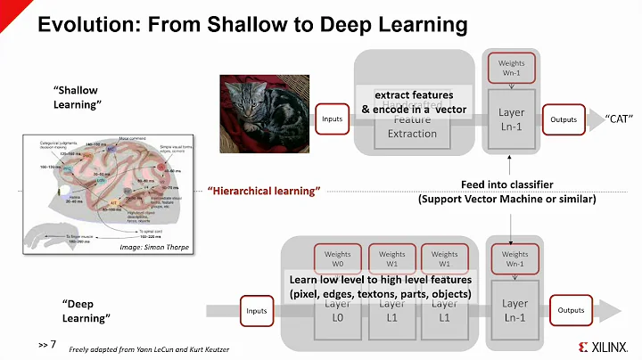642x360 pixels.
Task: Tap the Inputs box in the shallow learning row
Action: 331,119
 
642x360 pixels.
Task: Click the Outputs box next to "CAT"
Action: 561,119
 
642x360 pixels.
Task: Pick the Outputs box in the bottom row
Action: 571,310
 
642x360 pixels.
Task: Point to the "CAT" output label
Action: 621,119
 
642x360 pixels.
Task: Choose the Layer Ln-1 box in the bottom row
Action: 514,312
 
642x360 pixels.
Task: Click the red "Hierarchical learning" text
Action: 263,192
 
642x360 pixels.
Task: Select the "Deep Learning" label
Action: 87,311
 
